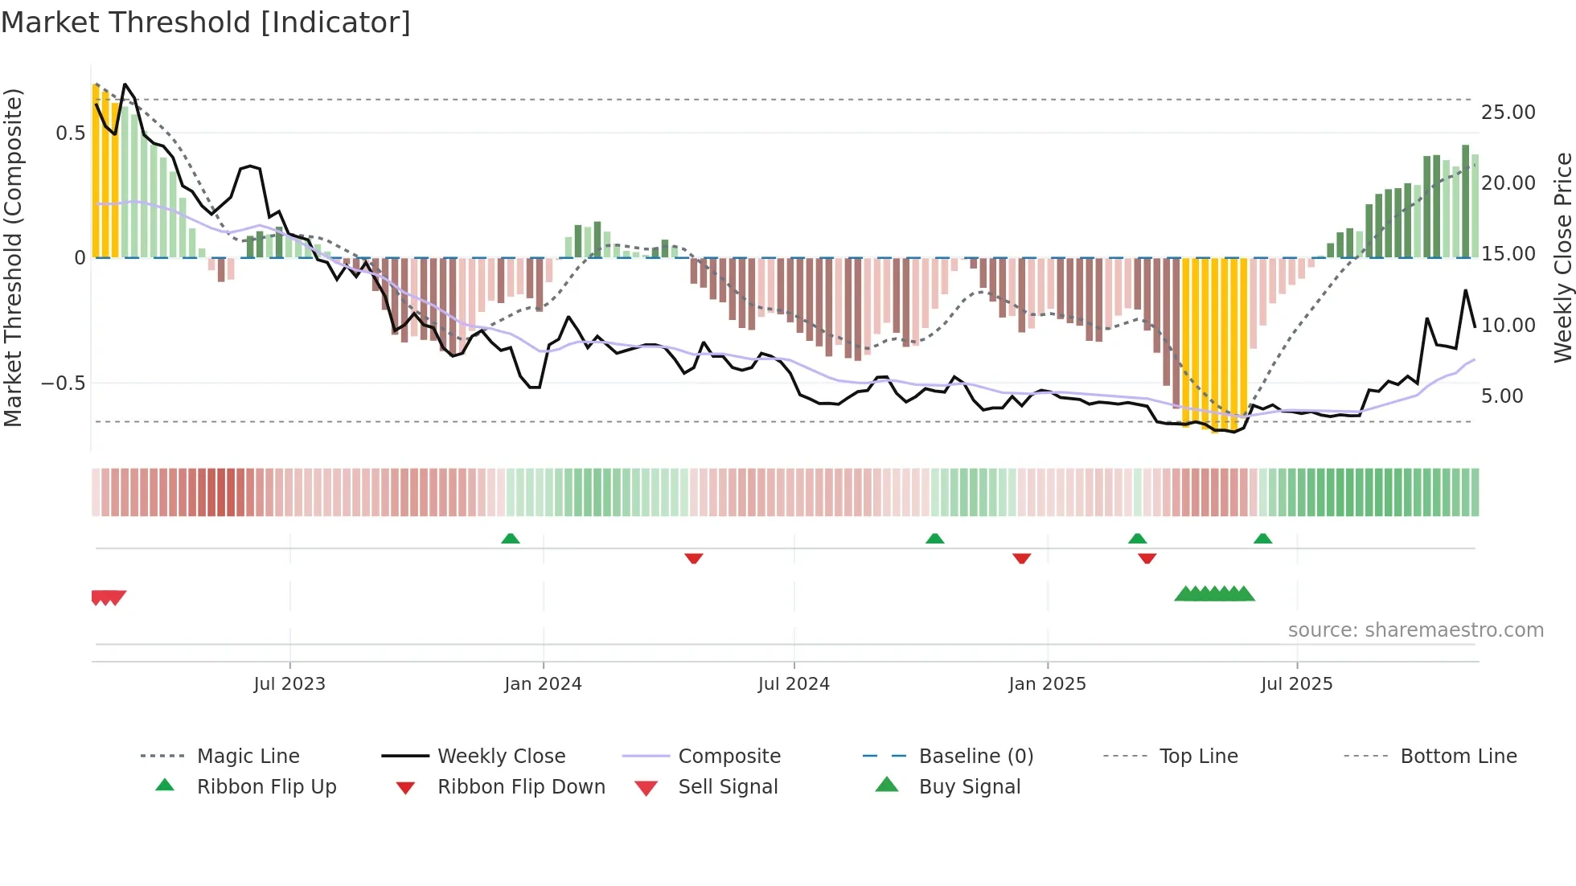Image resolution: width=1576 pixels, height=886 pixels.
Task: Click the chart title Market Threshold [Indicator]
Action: coord(206,23)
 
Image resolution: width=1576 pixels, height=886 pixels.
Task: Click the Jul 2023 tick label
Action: coord(289,684)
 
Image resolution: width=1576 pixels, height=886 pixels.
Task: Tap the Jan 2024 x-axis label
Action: coord(543,684)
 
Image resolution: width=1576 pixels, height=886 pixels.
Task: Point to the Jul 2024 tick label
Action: coord(794,684)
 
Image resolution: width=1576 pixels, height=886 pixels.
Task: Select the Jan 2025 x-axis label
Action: coord(1047,684)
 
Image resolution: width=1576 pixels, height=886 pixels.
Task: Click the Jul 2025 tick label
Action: coord(1296,684)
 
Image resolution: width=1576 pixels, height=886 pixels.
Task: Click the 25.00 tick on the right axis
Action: coord(1508,113)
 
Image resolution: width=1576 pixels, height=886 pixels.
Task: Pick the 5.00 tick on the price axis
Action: coord(1501,396)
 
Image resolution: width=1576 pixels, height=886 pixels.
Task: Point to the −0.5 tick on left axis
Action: coord(64,384)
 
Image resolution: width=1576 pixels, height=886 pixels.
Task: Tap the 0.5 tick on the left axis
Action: coord(70,133)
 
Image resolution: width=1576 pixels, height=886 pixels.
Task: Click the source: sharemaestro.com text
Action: coord(1415,630)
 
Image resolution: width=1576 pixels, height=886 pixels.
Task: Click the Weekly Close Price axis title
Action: coord(1562,257)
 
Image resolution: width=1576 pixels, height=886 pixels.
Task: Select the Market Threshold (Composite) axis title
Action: coord(13,257)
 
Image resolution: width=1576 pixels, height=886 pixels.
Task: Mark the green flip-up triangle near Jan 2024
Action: coord(511,539)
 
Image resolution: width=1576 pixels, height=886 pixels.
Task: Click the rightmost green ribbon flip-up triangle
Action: coord(1262,539)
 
